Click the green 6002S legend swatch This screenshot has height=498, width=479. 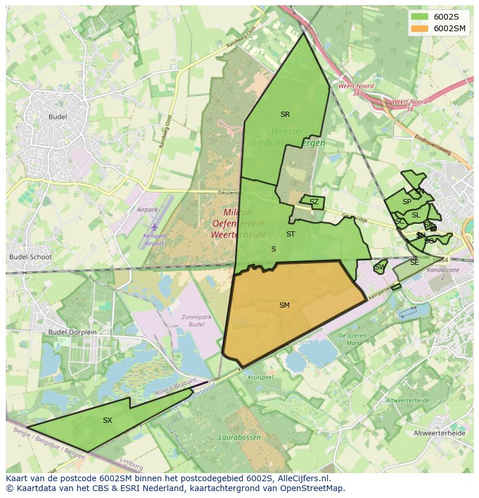tap(419, 16)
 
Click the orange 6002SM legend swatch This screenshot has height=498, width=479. tap(419, 28)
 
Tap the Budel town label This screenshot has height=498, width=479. tap(58, 117)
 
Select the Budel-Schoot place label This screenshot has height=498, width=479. tap(31, 257)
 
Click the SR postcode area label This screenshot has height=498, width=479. tap(285, 115)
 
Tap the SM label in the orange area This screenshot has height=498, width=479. tap(284, 305)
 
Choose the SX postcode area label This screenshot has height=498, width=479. tap(108, 420)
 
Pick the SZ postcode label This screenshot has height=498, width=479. tap(314, 202)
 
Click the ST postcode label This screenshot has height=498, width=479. tap(290, 234)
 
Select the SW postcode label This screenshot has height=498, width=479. tap(379, 267)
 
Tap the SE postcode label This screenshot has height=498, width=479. tap(414, 263)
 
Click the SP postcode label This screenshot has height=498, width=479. tap(407, 202)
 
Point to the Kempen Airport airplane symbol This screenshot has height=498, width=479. tap(154, 227)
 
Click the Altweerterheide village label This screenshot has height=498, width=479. tap(440, 433)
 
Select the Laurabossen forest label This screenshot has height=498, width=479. tap(239, 437)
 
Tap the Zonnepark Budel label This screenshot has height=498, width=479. tap(193, 321)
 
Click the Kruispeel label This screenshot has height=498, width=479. tap(260, 377)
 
